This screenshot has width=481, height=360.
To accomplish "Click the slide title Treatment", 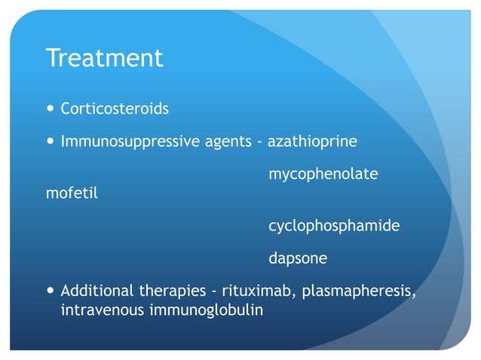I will point(104,58).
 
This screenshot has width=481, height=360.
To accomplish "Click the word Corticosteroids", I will point(115,108).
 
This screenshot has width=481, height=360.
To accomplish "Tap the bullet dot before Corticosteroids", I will point(50,108).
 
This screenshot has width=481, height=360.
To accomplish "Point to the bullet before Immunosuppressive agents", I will point(50,142).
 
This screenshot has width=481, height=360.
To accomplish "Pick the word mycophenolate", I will point(323,175).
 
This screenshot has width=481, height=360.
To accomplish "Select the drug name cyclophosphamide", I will point(333,225).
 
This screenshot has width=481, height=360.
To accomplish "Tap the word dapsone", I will point(298,258).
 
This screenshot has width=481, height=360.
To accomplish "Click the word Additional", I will point(97,291).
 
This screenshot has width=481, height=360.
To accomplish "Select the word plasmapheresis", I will point(358,291).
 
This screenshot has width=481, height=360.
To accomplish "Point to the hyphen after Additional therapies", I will point(211,291).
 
